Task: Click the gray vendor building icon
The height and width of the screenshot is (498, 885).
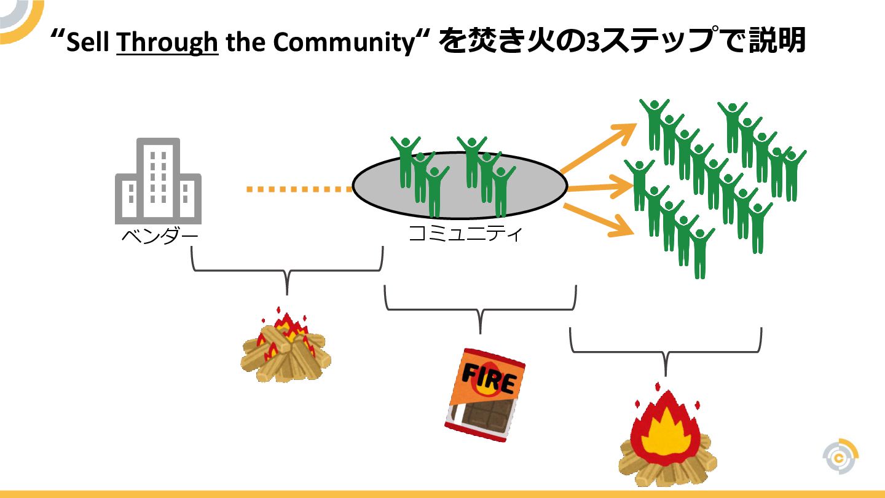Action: [158, 181]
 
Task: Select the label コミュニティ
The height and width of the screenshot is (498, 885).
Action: [465, 234]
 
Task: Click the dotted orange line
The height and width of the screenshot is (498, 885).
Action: [299, 189]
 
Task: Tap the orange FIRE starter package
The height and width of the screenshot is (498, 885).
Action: [486, 395]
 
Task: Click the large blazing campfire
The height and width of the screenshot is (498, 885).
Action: [667, 439]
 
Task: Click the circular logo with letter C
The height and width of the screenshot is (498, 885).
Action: [840, 457]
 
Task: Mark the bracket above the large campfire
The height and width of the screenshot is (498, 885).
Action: [666, 351]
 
